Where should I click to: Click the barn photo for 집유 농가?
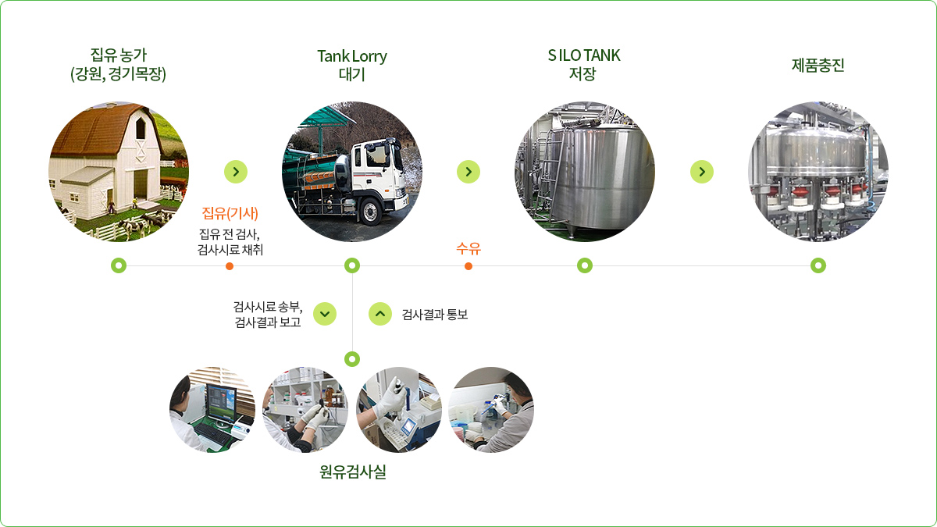tap(119, 172)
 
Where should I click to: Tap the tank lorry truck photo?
tap(351, 172)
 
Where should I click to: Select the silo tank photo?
tap(584, 172)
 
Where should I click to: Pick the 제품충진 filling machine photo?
tap(818, 172)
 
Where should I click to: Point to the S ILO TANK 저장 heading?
tap(584, 65)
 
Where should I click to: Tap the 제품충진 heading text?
tap(818, 66)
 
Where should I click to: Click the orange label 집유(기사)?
tap(230, 214)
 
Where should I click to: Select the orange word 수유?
tap(468, 249)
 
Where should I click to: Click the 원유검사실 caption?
tap(352, 472)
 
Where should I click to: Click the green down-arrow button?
tap(325, 313)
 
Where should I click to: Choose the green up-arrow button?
tap(379, 313)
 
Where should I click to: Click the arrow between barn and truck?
tap(236, 172)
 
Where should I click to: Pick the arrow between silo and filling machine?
tap(702, 172)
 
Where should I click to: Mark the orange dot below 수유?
tap(468, 265)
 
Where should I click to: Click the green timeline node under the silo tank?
tap(585, 265)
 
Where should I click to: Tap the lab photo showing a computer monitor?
tap(212, 410)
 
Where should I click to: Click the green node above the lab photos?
tap(352, 359)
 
